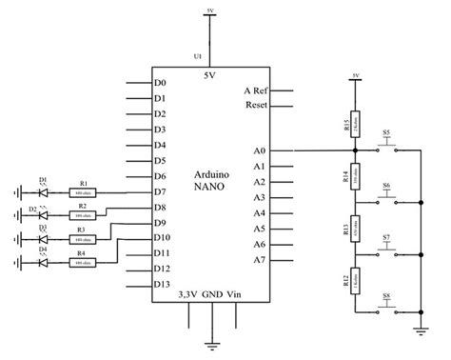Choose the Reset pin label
coord(255,104)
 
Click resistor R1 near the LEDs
coord(84,192)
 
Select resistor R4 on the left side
coord(84,263)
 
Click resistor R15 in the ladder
coord(356,127)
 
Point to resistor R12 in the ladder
coord(356,282)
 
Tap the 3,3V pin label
coord(189,296)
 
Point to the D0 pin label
coord(160,84)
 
